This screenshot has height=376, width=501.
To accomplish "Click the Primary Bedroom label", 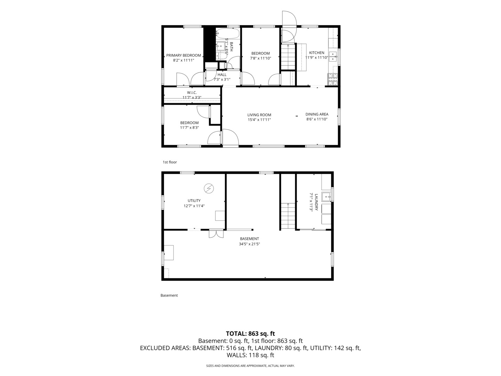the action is click(183, 55).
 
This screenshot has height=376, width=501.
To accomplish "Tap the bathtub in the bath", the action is click(228, 33).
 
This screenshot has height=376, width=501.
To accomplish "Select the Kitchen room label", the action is click(316, 53).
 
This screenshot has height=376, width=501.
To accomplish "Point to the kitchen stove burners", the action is click(333, 79).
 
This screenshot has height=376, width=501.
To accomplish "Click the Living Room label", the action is click(259, 115).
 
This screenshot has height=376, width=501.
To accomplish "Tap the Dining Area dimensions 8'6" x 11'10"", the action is click(317, 119).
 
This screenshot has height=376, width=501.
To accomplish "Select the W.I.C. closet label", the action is click(192, 93).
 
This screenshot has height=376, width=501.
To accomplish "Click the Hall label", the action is click(222, 75).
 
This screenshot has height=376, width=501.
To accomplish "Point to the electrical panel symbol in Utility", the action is click(209, 189).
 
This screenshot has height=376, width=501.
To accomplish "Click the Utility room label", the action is click(194, 201).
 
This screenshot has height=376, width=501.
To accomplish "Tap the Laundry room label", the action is click(316, 202).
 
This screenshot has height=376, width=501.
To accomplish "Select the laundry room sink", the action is click(326, 197).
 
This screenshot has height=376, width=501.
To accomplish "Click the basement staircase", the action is click(288, 216).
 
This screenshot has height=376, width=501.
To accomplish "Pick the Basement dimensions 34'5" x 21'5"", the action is click(249, 244).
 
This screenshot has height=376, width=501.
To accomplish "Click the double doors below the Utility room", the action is click(216, 234).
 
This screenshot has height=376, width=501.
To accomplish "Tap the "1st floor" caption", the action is click(169, 162).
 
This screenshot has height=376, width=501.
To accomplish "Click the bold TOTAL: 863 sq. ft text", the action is click(250, 334).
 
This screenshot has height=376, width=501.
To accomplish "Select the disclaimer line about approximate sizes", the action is click(250, 366).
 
